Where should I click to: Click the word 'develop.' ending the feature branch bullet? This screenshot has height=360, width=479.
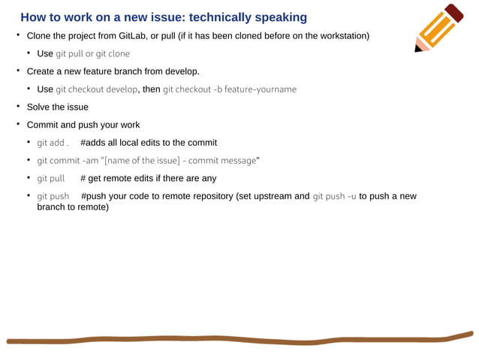181,71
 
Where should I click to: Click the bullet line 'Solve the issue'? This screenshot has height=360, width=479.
57,107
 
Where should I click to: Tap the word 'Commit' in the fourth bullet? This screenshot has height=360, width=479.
43,125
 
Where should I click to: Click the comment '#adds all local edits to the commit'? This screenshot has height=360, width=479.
149,143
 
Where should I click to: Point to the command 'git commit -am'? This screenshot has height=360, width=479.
73,161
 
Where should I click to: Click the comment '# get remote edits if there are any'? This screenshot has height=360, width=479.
148,179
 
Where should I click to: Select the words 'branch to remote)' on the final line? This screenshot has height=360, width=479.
73,207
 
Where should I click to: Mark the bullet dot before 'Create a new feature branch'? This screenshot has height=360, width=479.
19,71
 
